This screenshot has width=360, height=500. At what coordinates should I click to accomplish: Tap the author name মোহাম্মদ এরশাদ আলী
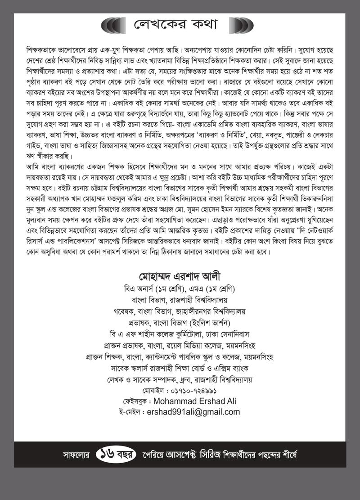point(180,275)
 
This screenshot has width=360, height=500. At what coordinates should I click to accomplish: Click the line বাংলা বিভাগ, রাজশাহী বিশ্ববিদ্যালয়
point(180,299)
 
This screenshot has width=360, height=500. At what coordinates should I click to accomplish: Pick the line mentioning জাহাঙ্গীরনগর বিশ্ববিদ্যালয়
point(180,311)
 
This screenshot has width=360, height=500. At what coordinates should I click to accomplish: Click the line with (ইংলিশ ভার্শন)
point(180,322)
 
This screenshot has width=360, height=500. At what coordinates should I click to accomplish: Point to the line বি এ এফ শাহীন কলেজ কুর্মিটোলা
point(180,334)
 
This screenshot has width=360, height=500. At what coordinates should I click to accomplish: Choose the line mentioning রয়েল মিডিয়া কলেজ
point(180,346)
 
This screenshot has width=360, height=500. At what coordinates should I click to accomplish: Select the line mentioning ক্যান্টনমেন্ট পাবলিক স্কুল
point(180,357)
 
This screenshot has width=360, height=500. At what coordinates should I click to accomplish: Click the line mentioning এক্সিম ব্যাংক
point(180,369)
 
